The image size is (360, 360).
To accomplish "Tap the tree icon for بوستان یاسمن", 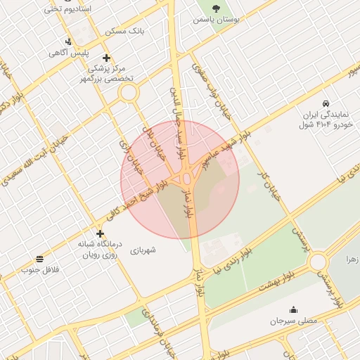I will [x=215, y=8].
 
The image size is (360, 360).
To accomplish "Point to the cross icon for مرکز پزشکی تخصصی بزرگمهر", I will [x=106, y=58].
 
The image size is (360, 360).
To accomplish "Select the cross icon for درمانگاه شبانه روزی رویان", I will [x=100, y=233].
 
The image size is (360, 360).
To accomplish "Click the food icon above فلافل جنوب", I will [x=39, y=259].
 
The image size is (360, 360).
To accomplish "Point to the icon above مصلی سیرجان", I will [x=293, y=309].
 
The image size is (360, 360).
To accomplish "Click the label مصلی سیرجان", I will [x=294, y=321].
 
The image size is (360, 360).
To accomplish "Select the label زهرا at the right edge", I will [x=352, y=259].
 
